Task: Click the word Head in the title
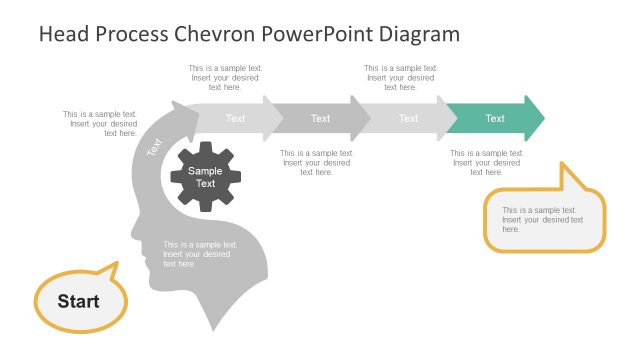tap(62, 34)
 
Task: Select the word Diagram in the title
tap(420, 34)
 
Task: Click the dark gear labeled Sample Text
tap(205, 177)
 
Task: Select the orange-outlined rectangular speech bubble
tap(544, 220)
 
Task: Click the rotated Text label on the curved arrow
tap(155, 147)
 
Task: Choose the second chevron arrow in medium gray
tap(320, 118)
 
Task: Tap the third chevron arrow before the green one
tap(408, 118)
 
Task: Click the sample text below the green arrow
tap(485, 163)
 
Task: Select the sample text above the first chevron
tap(225, 77)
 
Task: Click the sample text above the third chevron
tap(399, 77)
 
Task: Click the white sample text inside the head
tap(200, 254)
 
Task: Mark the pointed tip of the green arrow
tap(542, 118)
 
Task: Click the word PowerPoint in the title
tap(318, 34)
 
